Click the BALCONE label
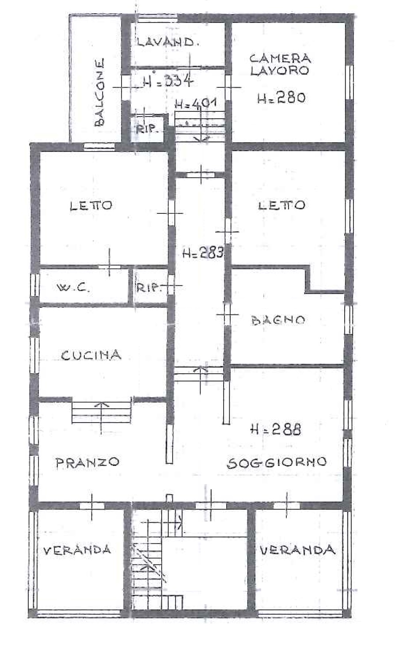click(x=99, y=92)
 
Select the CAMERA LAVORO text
click(x=280, y=64)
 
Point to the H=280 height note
click(x=281, y=98)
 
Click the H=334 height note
click(x=168, y=80)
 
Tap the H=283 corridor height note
click(x=203, y=253)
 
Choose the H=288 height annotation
click(x=276, y=429)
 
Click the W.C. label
click(x=73, y=288)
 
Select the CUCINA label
click(x=91, y=355)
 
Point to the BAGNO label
click(x=278, y=320)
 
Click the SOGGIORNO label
click(x=277, y=463)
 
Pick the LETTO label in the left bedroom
click(x=91, y=206)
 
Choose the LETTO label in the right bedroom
click(x=281, y=205)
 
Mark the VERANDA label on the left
click(x=77, y=550)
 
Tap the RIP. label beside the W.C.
click(x=149, y=288)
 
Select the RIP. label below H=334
click(x=146, y=129)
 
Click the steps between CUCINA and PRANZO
click(x=101, y=413)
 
